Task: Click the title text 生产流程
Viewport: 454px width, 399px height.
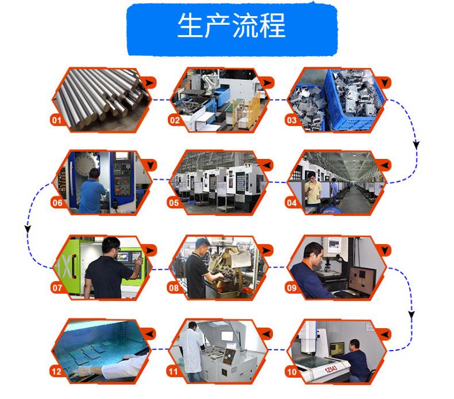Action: click(x=232, y=25)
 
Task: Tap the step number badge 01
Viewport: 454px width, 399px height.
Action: click(x=56, y=120)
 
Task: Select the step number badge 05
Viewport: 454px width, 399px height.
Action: click(x=174, y=203)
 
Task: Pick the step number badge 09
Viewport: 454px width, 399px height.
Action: click(x=291, y=287)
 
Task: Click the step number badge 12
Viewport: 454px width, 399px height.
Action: click(x=56, y=371)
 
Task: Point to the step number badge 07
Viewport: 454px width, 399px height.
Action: click(x=57, y=287)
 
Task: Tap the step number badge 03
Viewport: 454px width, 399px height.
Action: click(x=291, y=120)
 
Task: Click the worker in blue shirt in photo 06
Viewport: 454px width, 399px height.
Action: click(x=91, y=193)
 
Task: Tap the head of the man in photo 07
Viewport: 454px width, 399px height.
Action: click(x=110, y=245)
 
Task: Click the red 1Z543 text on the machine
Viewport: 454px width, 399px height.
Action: click(x=330, y=369)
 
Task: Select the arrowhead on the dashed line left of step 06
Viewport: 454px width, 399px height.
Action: click(x=28, y=229)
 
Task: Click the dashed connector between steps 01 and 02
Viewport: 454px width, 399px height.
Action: click(x=161, y=100)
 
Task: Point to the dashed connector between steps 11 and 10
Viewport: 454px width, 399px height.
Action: click(x=277, y=349)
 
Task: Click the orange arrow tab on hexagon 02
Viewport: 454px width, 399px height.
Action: click(x=267, y=83)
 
